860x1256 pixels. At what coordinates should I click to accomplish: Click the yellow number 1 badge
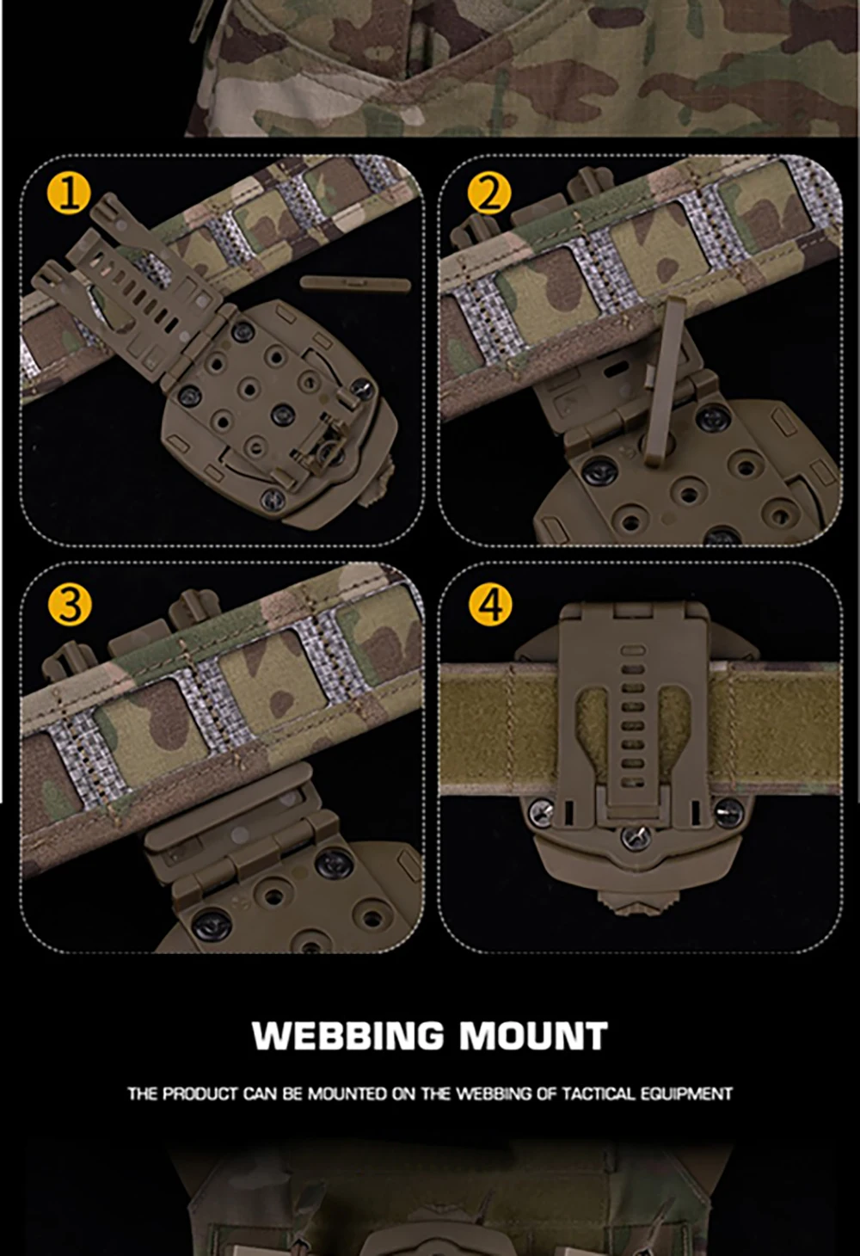point(69,193)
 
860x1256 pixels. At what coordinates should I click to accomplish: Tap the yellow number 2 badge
point(489,193)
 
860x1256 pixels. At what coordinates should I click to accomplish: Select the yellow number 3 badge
point(70,604)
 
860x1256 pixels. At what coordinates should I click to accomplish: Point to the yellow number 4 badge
point(490,604)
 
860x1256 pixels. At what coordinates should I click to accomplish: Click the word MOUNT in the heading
point(534,1036)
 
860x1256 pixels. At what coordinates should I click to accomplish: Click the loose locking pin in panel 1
point(355,283)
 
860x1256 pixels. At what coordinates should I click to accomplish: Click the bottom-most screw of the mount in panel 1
point(273,498)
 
